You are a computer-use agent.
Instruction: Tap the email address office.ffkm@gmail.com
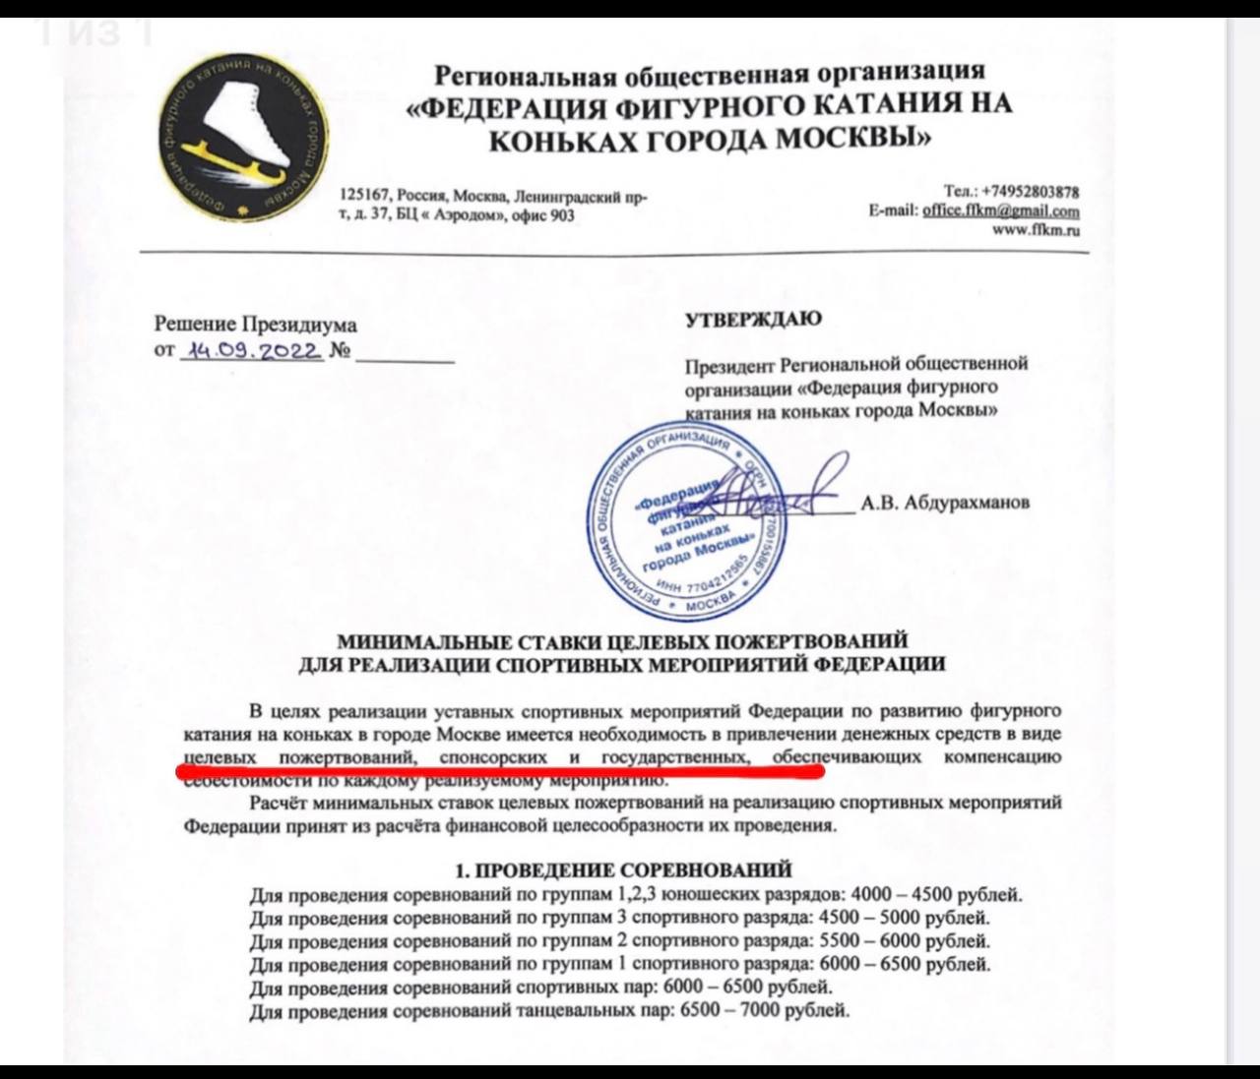point(1000,210)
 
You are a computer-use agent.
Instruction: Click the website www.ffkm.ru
point(1036,229)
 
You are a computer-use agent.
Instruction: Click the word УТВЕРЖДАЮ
point(753,319)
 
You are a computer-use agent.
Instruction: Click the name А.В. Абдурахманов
point(946,503)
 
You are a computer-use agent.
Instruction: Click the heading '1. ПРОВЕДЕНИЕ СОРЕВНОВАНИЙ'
point(623,869)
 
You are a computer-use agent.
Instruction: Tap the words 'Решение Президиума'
point(255,325)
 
